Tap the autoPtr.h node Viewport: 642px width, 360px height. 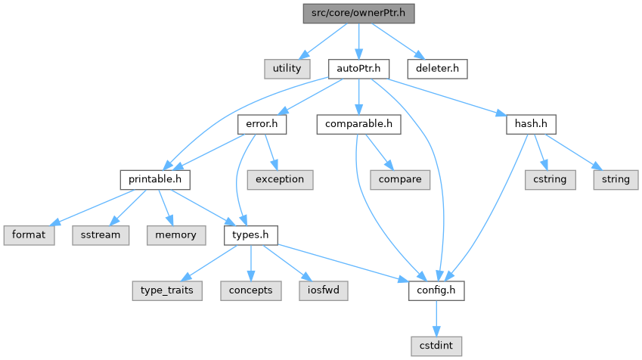click(358, 68)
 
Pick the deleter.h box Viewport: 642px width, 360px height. click(437, 68)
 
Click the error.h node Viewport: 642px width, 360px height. click(262, 124)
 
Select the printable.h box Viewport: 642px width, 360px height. click(154, 179)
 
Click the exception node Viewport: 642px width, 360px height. click(279, 179)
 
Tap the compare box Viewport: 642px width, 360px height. click(400, 179)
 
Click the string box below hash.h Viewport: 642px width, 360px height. click(616, 179)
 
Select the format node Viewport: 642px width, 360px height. click(28, 235)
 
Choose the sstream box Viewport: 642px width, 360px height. click(100, 235)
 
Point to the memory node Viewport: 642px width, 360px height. click(175, 235)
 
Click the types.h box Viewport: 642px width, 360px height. click(250, 235)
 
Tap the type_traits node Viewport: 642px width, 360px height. click(166, 290)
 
